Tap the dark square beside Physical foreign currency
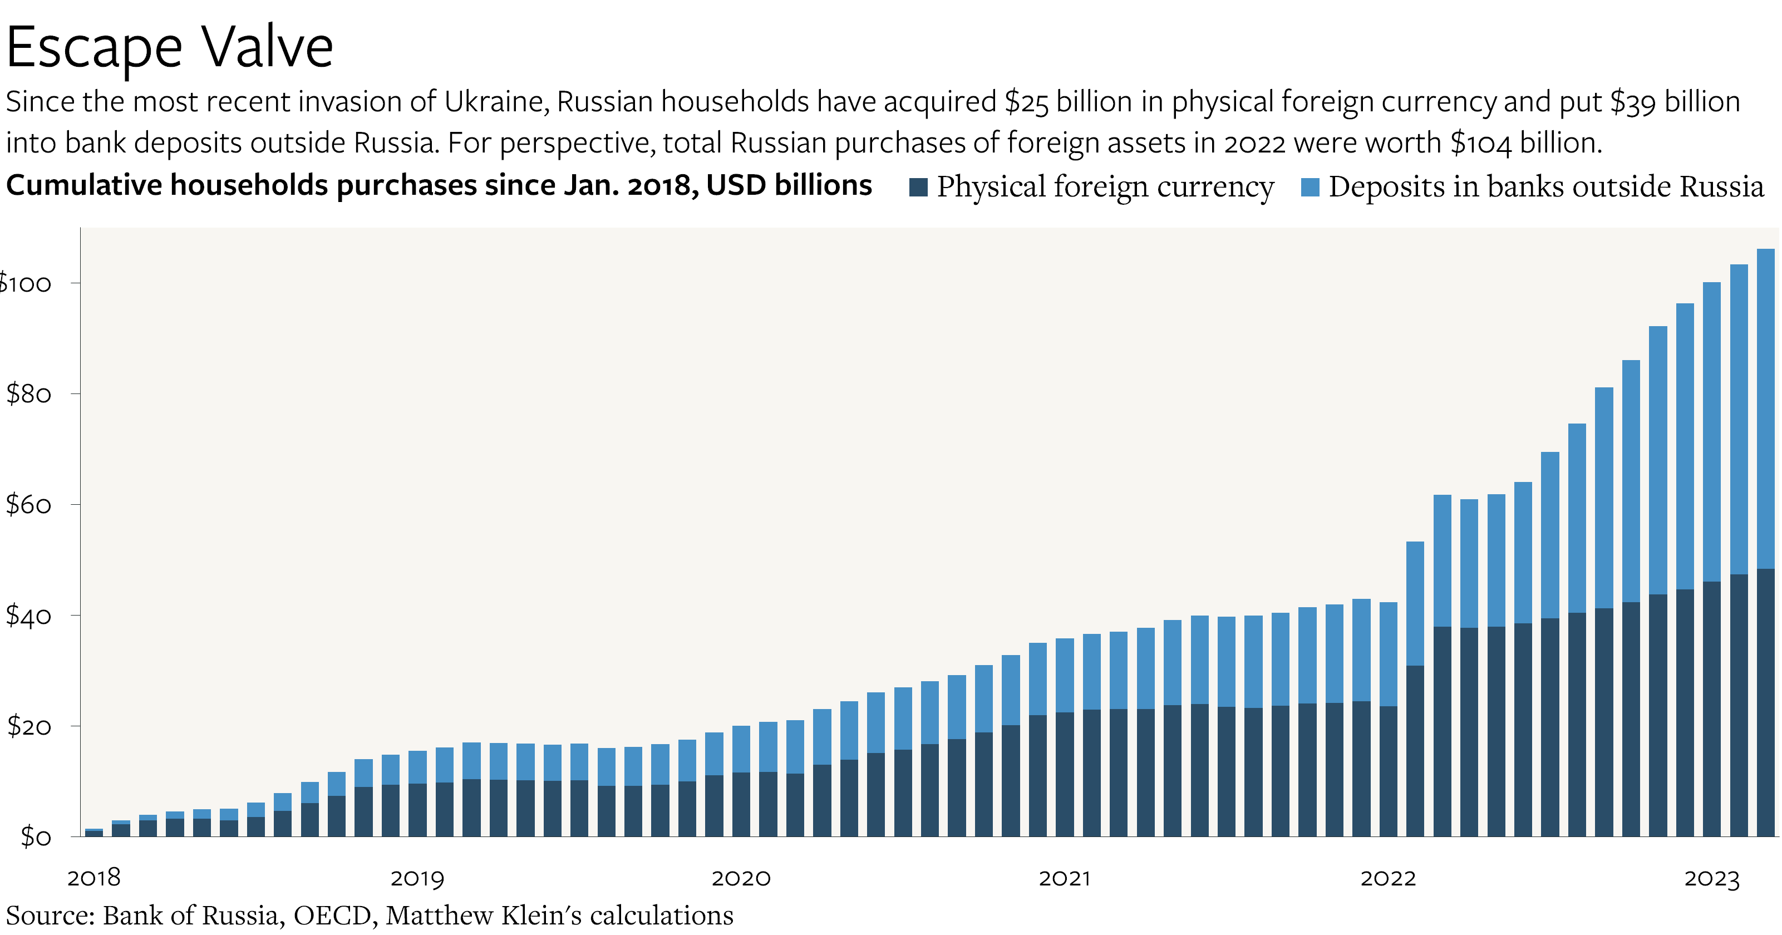(918, 187)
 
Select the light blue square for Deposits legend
(1310, 187)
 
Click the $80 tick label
(28, 394)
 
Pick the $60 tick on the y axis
(28, 505)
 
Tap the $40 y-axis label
(28, 616)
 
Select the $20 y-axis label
(28, 726)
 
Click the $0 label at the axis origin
(35, 837)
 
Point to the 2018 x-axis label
(94, 878)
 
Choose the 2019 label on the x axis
(417, 878)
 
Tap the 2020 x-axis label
(741, 878)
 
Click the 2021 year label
(1065, 878)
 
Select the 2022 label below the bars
(1387, 878)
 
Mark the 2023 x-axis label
(1711, 878)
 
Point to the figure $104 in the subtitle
(1480, 143)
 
